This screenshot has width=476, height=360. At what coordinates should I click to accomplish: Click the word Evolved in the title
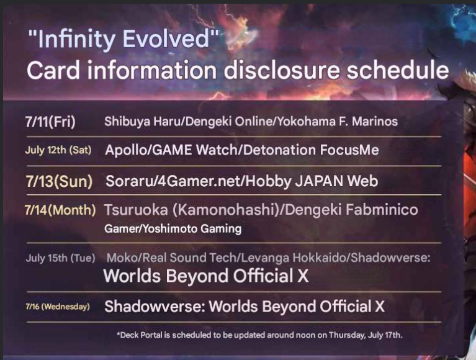(166, 39)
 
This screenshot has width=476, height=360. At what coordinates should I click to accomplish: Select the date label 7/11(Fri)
(50, 122)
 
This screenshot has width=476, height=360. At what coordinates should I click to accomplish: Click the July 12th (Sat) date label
(58, 150)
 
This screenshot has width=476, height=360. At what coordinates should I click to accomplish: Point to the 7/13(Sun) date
(59, 181)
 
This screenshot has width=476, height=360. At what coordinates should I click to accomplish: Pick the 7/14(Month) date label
(60, 210)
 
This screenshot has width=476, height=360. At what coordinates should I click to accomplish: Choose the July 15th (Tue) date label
(60, 258)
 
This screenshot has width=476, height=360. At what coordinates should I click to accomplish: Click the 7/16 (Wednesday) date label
(58, 307)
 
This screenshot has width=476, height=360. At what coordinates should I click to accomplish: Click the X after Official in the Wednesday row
(380, 306)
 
